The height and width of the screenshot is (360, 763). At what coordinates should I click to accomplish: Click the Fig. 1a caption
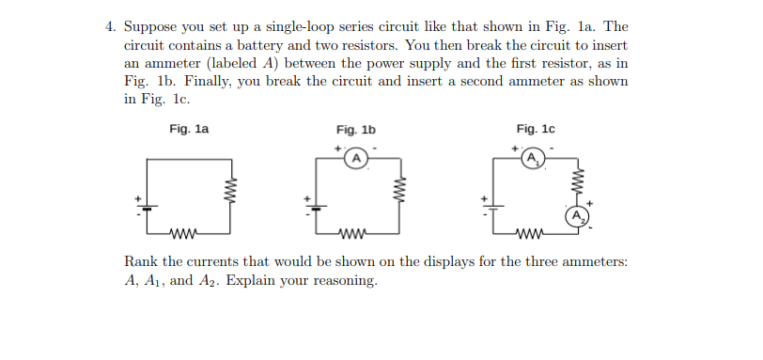point(189,129)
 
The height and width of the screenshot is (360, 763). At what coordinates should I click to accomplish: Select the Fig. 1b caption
point(355,130)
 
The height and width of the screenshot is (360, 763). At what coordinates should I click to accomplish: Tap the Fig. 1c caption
point(536,129)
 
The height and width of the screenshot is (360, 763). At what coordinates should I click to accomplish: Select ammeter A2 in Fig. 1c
point(578,215)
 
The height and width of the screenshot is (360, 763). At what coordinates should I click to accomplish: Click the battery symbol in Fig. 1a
point(147,204)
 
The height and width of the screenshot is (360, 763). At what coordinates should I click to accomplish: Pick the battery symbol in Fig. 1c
point(494,204)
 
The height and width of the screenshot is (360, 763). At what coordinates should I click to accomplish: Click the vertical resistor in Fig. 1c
point(578,178)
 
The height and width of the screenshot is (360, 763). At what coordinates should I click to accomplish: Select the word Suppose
point(150,28)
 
